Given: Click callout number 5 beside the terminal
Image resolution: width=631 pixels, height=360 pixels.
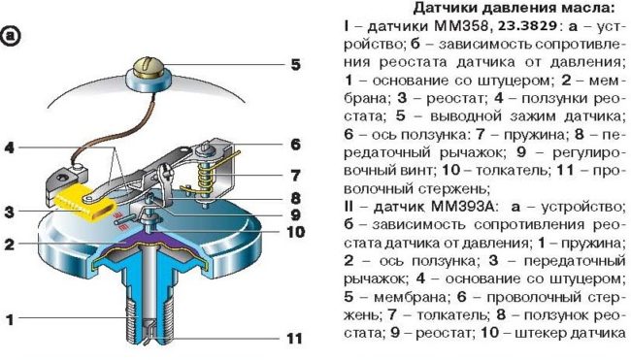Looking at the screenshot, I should point(294,67).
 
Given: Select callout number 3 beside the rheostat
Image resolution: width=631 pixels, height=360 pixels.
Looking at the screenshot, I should point(10,211).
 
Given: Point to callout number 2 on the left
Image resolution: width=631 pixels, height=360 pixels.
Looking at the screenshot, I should point(10,245).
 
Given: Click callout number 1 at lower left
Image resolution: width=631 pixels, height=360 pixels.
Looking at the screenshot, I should point(10,317).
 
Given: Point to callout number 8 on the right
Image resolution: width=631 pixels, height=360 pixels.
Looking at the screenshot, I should point(294,198).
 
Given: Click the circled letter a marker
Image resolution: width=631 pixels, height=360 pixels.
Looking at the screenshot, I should point(14,39).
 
